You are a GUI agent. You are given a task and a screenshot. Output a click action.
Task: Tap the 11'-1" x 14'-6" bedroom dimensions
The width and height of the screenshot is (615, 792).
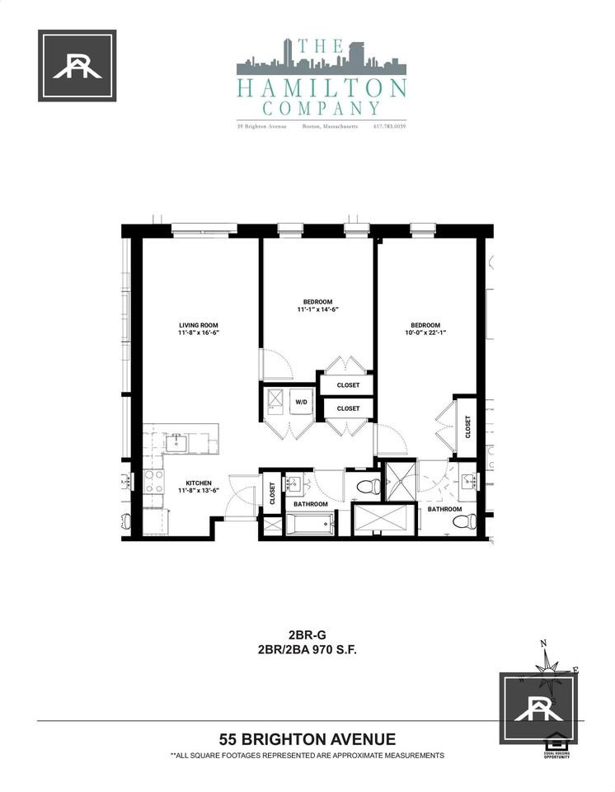318,310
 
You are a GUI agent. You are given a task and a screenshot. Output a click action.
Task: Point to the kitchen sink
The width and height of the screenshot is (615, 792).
176,443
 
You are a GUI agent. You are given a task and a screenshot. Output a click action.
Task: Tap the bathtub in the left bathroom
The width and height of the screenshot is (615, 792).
310,524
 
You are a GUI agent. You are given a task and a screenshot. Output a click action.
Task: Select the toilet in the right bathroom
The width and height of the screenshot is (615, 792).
469,521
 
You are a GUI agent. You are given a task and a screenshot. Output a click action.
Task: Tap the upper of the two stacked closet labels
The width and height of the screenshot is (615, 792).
348,384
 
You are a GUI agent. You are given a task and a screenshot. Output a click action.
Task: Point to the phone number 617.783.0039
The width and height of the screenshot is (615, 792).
390,126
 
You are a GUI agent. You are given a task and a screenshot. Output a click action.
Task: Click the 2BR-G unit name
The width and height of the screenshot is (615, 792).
307,635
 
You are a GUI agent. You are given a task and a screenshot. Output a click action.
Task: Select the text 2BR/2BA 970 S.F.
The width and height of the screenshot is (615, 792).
307,649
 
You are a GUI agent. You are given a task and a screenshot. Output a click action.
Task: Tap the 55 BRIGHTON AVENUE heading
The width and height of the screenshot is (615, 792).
307,738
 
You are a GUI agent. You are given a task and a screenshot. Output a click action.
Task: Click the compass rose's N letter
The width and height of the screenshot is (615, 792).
542,644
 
